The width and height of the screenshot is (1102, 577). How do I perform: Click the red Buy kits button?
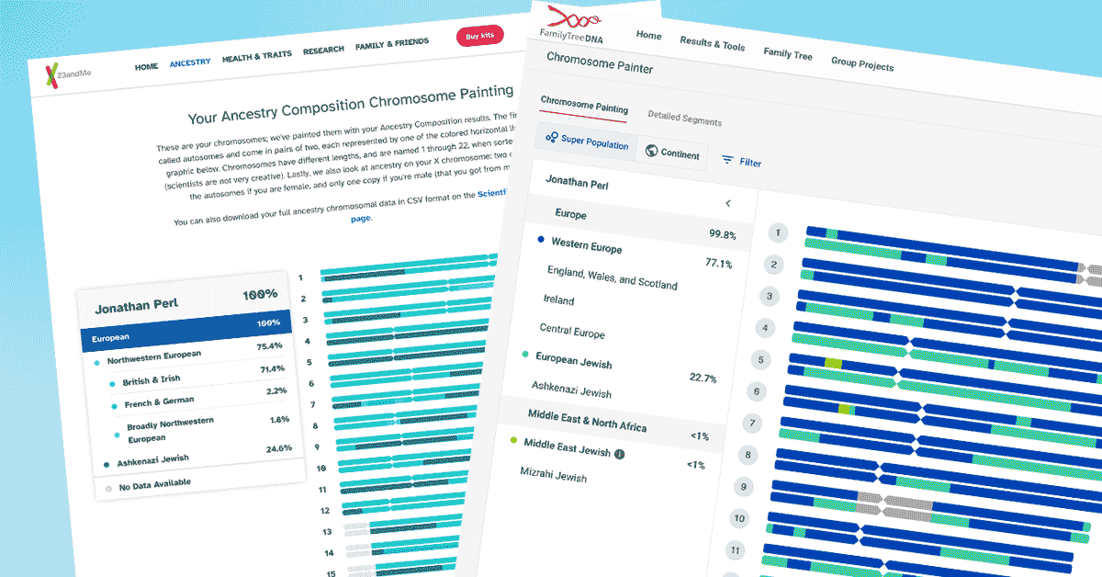tap(480, 37)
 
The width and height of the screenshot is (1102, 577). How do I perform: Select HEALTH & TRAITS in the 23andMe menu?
tap(256, 57)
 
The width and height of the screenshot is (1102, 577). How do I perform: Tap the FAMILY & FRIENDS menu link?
tap(392, 43)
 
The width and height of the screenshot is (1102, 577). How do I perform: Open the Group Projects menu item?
tap(862, 64)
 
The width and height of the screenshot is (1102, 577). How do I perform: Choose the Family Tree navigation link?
tap(788, 54)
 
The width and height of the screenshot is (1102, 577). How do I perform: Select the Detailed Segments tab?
tap(684, 119)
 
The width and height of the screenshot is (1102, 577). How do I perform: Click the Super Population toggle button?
tap(587, 143)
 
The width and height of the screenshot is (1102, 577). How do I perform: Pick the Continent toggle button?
tap(672, 153)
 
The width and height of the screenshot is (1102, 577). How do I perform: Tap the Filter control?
tap(742, 162)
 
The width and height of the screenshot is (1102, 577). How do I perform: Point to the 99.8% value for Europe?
tap(722, 234)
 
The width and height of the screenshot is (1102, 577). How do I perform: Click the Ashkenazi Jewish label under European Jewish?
tap(571, 390)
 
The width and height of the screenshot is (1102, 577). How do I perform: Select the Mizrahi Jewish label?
tap(553, 475)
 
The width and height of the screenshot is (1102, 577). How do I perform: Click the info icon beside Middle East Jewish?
tap(619, 454)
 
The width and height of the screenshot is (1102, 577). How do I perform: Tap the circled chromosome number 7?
tap(752, 424)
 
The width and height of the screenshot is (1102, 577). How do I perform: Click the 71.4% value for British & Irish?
tap(273, 368)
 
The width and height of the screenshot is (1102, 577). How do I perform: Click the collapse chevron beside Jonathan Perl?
tap(727, 203)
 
